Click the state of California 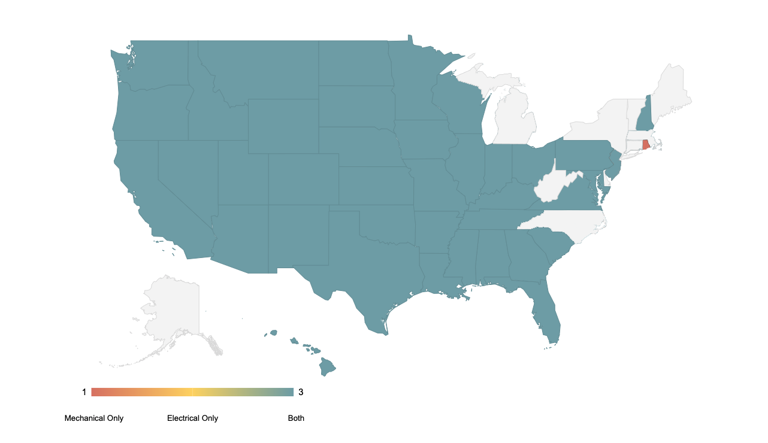pyautogui.click(x=144, y=192)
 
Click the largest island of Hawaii pyautogui.click(x=327, y=366)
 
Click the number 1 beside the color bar pyautogui.click(x=84, y=392)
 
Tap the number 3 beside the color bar pyautogui.click(x=301, y=392)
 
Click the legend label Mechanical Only pyautogui.click(x=94, y=418)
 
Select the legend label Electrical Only pyautogui.click(x=192, y=418)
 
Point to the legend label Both pyautogui.click(x=296, y=418)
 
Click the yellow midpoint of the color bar pyautogui.click(x=192, y=392)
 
